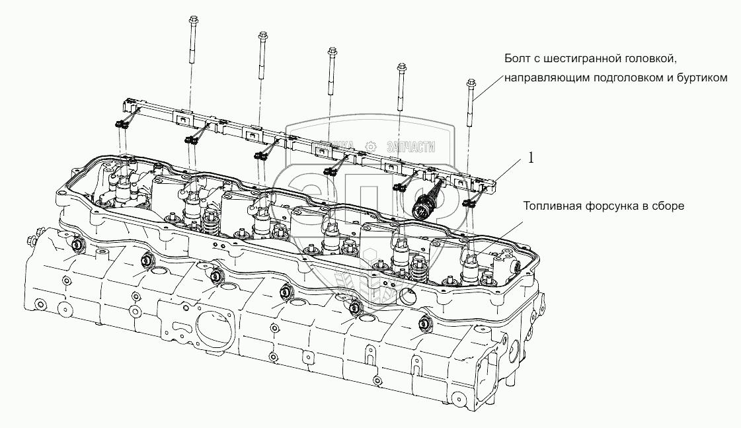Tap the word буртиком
(704, 78)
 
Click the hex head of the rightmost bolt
(471, 83)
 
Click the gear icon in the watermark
(371, 145)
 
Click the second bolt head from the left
(262, 36)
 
